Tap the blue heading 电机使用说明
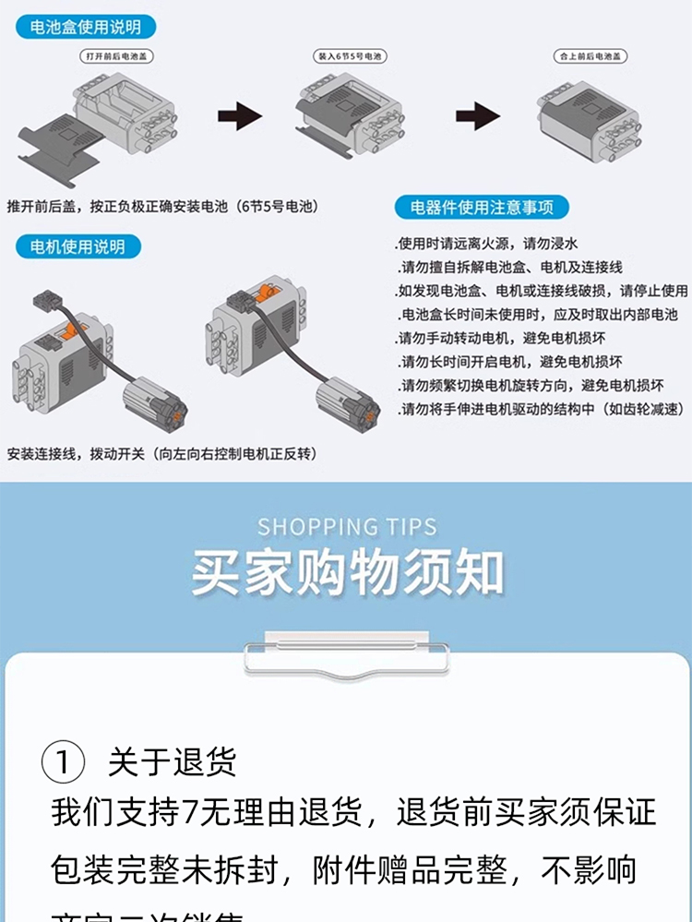coord(78,246)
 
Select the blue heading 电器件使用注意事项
coord(483,206)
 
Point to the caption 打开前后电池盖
coord(117,56)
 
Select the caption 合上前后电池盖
coord(590,56)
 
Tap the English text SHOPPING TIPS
coord(347,527)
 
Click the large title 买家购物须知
coord(347,573)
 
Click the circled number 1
coord(64,762)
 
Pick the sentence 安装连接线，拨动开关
coord(161,454)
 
